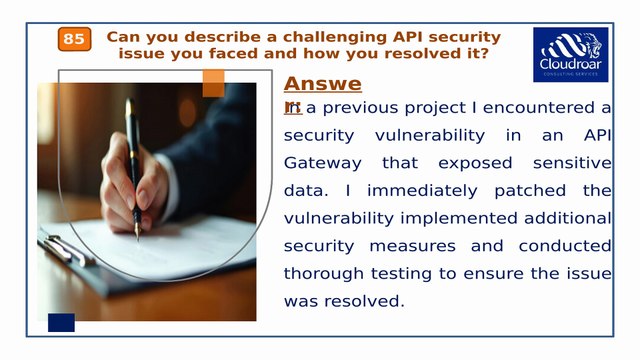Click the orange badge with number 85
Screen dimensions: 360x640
74,39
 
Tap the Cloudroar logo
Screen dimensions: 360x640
570,55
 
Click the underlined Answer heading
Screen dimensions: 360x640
322,84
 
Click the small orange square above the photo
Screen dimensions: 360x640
213,84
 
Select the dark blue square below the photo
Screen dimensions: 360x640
61,322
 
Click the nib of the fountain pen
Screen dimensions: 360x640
138,231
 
